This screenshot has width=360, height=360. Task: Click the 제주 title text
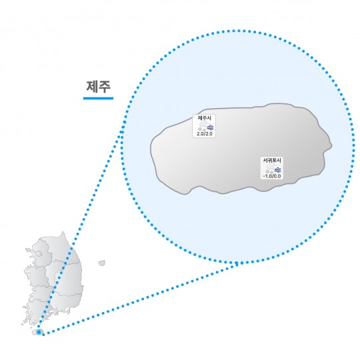coord(99,87)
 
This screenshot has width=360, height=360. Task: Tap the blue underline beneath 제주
coord(98,98)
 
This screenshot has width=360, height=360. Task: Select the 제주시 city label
coord(205,118)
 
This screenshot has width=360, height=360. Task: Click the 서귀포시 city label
coord(272,160)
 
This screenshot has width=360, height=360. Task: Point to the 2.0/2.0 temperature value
coord(205,134)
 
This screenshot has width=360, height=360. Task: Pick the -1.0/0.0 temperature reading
coord(272,176)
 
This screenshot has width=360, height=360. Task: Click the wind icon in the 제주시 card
coord(210,127)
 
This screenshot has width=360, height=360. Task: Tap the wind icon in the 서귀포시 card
coord(278,170)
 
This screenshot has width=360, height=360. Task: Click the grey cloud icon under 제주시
coord(203,127)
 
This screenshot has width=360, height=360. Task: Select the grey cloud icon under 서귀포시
coord(270,169)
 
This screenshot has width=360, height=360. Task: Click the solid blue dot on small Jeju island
coord(39,332)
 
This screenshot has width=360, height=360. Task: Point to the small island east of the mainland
coord(102,263)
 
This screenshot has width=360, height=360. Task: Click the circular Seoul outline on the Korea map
coord(39,254)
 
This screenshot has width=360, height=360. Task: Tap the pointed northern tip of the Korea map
coord(63,232)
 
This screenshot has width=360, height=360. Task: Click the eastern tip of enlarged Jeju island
coord(331,145)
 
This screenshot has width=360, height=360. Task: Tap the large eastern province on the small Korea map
coord(69,279)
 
